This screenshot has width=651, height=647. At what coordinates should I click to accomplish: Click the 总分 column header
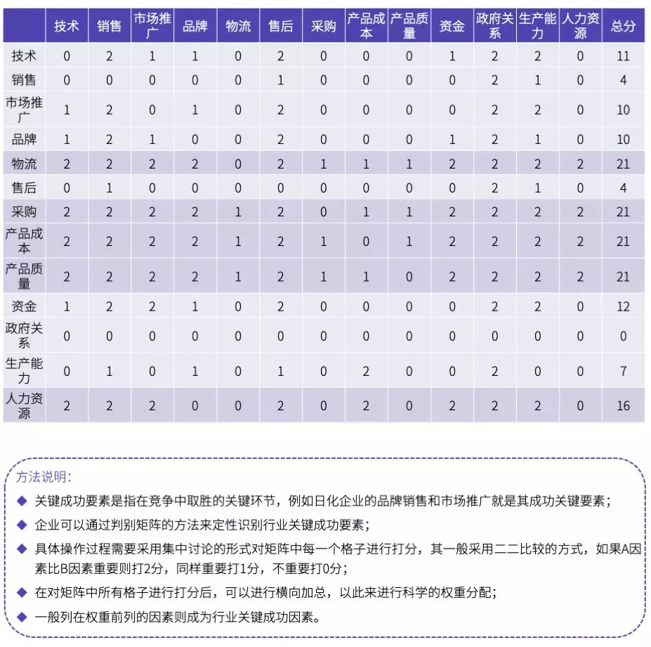623,26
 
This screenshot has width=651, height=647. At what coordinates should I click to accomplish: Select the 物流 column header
238,26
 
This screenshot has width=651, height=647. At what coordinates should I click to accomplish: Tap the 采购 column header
324,26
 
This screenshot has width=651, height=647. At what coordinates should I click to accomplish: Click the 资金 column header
452,26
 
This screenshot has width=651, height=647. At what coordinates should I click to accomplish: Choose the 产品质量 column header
409,26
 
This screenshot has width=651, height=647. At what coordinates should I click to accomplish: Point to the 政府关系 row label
25,336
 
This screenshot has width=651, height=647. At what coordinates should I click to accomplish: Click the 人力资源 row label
25,405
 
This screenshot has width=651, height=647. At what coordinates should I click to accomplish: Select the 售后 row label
25,188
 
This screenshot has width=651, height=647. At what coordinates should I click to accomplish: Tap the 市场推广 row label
25,110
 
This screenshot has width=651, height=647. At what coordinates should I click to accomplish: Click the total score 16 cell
623,406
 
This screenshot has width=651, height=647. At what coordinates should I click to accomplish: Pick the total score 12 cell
623,306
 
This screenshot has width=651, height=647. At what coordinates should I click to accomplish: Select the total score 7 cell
623,371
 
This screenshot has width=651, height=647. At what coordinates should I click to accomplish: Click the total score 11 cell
623,56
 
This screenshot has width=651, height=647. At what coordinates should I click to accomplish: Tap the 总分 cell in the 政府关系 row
623,336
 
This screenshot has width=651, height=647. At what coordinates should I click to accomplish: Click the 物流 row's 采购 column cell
324,164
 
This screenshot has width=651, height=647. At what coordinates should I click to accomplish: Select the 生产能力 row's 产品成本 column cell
366,371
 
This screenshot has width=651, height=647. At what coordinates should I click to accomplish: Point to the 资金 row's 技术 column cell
67,306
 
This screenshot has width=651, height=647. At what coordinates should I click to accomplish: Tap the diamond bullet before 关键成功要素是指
22,501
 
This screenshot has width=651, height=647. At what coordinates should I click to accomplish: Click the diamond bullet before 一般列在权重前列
22,617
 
